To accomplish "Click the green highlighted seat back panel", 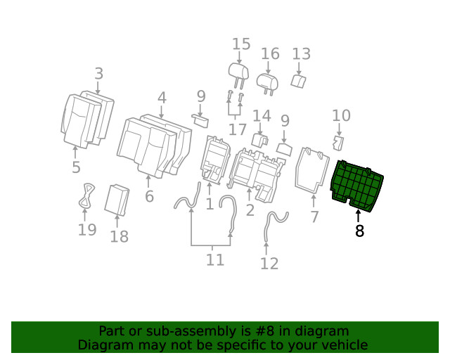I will [x=357, y=185].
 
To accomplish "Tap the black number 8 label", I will [x=359, y=231].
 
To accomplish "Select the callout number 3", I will [x=98, y=73].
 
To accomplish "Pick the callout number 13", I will [x=301, y=54].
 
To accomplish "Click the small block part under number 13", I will [x=297, y=82].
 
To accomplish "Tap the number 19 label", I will [x=86, y=230].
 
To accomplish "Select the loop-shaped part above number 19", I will [x=86, y=194].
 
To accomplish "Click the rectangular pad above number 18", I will [x=117, y=199].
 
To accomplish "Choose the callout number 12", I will [x=269, y=264].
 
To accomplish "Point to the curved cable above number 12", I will [x=273, y=225].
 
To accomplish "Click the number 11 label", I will [x=215, y=259].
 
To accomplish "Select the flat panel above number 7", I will [x=311, y=169].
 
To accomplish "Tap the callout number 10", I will [x=341, y=115].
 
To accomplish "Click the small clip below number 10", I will [x=338, y=144].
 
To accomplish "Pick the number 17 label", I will [x=237, y=129].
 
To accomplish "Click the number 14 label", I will [x=262, y=115].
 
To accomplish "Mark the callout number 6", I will [x=149, y=196].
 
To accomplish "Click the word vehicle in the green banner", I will [x=344, y=345].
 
